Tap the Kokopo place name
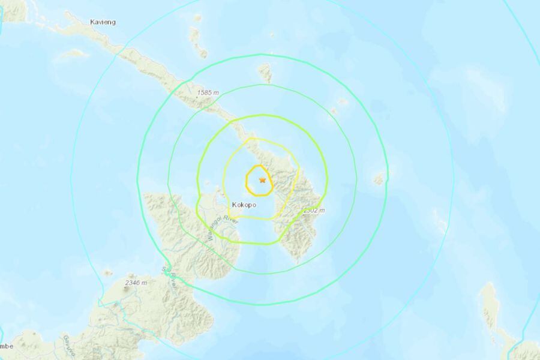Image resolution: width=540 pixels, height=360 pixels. coord(244,205)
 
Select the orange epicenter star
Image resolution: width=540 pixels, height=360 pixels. coord(262,179)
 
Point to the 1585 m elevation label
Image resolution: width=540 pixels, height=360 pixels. coord(208,93)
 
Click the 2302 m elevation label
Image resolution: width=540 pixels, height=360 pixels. coord(313,211)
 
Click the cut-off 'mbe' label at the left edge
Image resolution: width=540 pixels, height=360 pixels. coord(6,346)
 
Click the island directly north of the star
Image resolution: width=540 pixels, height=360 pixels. coord(265,73)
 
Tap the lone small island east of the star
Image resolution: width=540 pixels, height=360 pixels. coord(379,178)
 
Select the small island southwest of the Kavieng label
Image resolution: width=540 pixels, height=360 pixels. coord(73,53)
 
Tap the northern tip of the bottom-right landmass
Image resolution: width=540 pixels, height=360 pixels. coord(489,287)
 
